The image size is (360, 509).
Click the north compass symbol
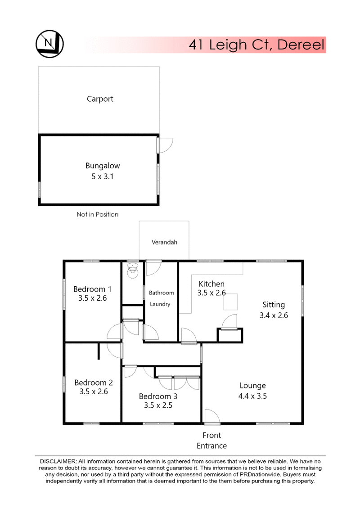49,44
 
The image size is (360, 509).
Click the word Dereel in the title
301,45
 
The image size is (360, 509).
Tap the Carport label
100,99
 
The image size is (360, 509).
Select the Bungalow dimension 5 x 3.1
102,176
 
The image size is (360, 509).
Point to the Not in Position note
97,214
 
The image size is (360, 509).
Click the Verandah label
164,242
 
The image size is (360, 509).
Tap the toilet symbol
132,271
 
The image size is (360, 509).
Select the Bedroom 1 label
92,289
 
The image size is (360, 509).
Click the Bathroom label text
162,293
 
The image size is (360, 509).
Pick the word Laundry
160,304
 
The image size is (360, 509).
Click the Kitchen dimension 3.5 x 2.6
211,293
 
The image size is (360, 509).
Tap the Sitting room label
274,305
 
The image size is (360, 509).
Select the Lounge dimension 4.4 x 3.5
252,396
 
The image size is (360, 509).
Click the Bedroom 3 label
158,396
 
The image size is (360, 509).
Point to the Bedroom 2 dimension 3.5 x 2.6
94,392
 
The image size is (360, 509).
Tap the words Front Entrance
211,441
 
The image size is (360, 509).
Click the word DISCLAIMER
58,461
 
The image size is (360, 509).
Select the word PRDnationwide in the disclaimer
259,474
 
